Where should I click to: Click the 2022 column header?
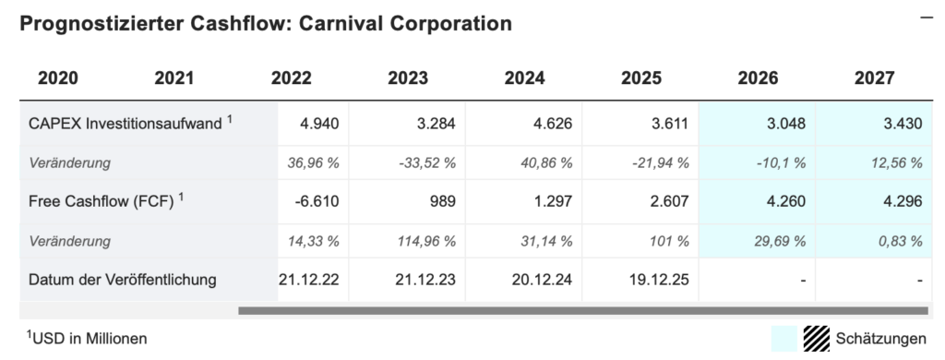pyautogui.click(x=292, y=78)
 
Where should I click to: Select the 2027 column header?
pyautogui.click(x=874, y=78)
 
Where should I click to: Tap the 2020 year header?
pyautogui.click(x=57, y=78)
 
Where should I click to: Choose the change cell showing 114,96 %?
pyautogui.click(x=425, y=242)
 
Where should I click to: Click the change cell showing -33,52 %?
pyautogui.click(x=426, y=163)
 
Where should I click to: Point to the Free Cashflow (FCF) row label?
pyautogui.click(x=101, y=202)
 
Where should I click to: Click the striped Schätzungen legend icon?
pyautogui.click(x=817, y=338)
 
